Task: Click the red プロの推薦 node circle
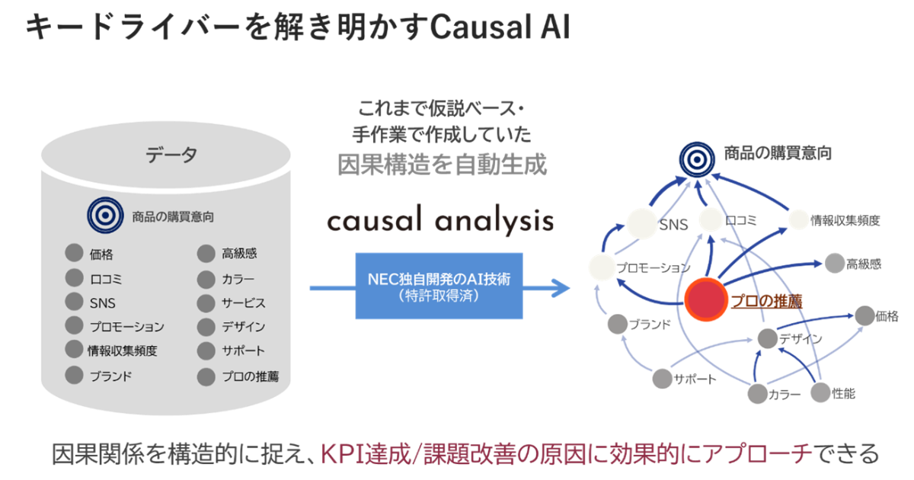point(706,300)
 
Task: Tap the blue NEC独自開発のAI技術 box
point(439,285)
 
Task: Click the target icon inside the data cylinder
point(103,216)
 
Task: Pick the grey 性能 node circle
point(819,392)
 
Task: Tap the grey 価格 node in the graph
point(864,315)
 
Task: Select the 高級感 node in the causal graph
point(834,264)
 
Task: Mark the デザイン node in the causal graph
point(767,338)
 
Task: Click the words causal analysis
point(439,221)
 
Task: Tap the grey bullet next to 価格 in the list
point(74,254)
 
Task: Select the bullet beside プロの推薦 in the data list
point(206,376)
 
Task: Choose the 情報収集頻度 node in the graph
point(797,220)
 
